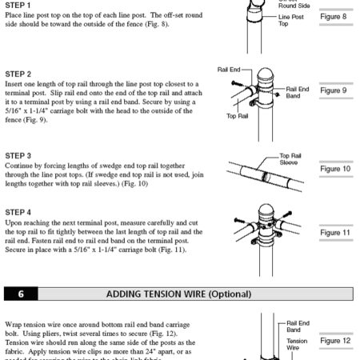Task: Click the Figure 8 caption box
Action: point(333,16)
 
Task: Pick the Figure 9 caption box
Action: point(333,90)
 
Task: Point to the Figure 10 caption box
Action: point(333,169)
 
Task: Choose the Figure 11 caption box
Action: point(333,233)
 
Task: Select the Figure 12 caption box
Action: point(333,341)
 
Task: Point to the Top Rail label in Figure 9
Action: point(237,116)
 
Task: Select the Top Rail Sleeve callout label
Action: point(289,158)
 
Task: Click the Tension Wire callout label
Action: point(297,344)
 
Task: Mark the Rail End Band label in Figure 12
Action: point(297,326)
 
